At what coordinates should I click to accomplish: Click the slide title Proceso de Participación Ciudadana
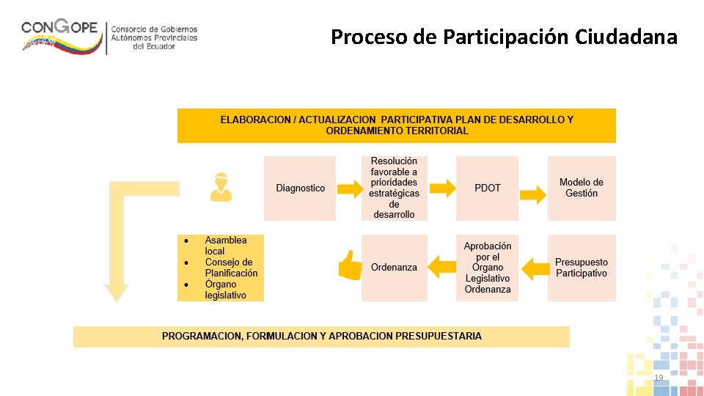(504, 37)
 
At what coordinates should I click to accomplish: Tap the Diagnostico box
(300, 188)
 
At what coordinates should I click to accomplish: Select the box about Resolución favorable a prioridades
(394, 188)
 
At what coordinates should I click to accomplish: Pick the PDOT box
(487, 188)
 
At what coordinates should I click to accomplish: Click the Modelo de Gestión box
(582, 188)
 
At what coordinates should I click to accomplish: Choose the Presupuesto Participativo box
(582, 268)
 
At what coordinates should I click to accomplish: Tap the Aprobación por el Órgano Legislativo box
(487, 268)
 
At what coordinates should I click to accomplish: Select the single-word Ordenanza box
(394, 268)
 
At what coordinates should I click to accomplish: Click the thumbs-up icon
(350, 265)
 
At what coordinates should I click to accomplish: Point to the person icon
(220, 187)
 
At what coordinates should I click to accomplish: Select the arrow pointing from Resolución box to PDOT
(442, 189)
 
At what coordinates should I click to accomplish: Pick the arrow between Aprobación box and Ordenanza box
(442, 266)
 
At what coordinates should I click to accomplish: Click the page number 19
(659, 377)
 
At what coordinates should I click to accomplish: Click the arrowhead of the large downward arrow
(116, 293)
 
